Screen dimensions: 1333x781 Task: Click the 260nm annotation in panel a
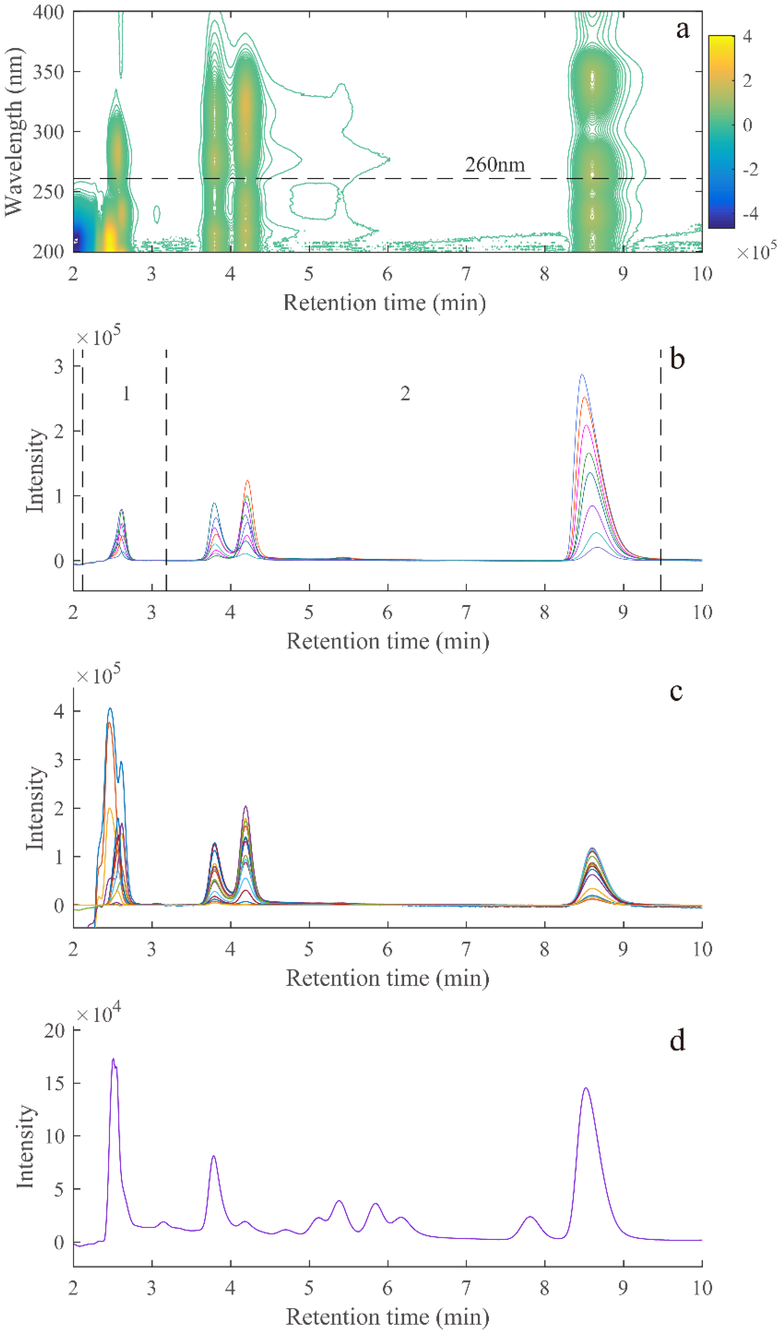(x=495, y=165)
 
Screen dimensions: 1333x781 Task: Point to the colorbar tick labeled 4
(x=747, y=36)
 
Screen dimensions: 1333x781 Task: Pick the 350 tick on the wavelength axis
(x=48, y=71)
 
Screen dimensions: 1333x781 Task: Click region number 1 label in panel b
(x=126, y=394)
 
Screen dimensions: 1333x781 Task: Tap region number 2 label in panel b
(x=405, y=394)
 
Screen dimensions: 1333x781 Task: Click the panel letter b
(x=677, y=360)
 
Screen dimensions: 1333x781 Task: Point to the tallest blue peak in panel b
(x=582, y=375)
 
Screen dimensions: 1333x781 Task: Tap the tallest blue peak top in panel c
(x=110, y=708)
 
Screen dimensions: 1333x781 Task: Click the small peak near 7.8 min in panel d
(x=530, y=1217)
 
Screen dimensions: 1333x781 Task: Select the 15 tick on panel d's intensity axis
(x=54, y=1083)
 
